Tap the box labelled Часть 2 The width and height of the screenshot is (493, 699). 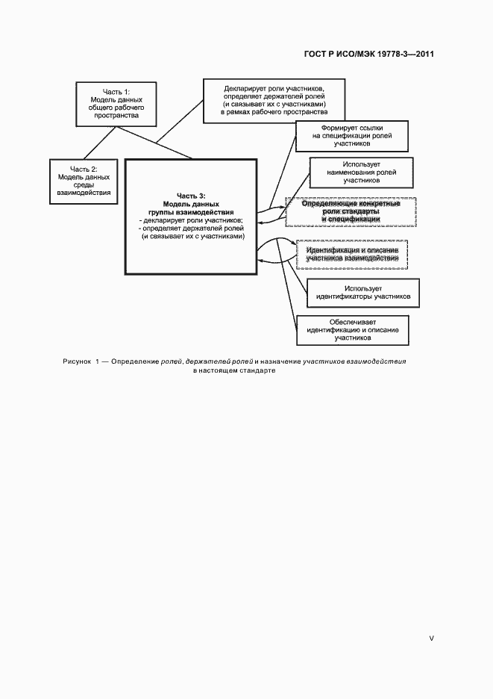pyautogui.click(x=84, y=181)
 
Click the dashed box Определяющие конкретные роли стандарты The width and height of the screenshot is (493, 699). pyautogui.click(x=351, y=211)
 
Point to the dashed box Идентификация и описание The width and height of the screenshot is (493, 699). pyautogui.click(x=352, y=253)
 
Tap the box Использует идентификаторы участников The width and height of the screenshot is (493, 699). pyautogui.click(x=363, y=293)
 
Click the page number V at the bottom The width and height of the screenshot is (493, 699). pyautogui.click(x=431, y=639)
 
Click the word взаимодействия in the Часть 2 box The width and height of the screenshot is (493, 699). pyautogui.click(x=84, y=193)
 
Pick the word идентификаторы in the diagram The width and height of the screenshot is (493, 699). pyautogui.click(x=348, y=296)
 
